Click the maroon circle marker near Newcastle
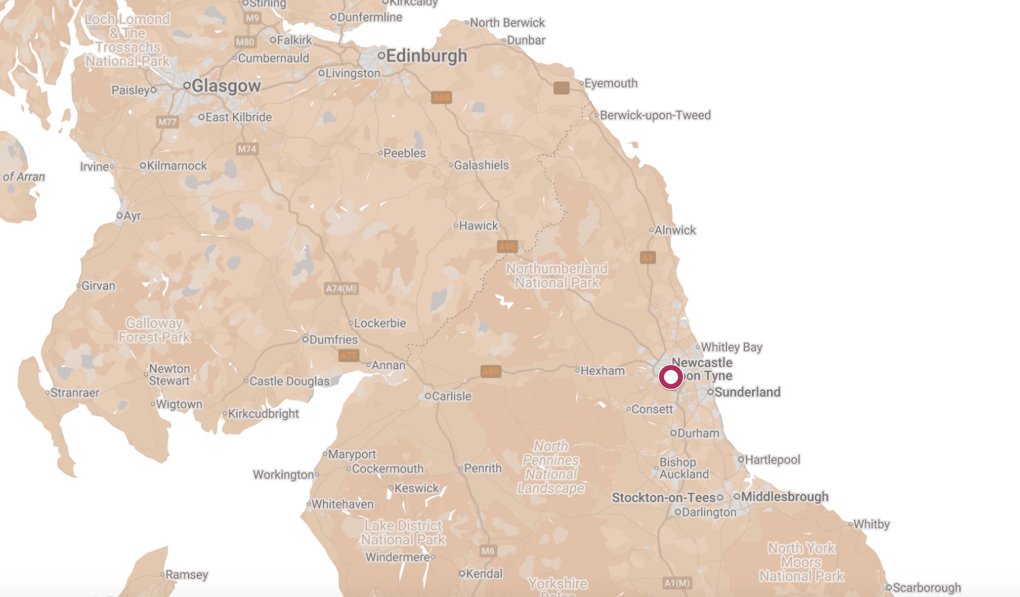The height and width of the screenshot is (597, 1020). pyautogui.click(x=670, y=376)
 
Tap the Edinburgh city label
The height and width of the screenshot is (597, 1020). pyautogui.click(x=426, y=55)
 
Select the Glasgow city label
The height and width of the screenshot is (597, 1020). pyautogui.click(x=225, y=86)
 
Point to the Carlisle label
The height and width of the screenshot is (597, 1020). pyautogui.click(x=451, y=396)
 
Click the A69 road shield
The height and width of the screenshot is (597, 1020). pyautogui.click(x=490, y=371)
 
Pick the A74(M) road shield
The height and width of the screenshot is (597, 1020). pyautogui.click(x=341, y=288)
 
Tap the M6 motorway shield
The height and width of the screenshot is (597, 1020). pyautogui.click(x=487, y=551)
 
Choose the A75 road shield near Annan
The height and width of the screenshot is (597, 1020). pyautogui.click(x=348, y=355)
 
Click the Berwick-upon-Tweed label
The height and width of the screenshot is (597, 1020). pyautogui.click(x=654, y=115)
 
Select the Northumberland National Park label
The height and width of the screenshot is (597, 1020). pyautogui.click(x=557, y=275)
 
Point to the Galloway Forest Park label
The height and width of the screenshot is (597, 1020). pyautogui.click(x=154, y=330)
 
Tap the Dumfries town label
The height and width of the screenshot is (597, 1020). pyautogui.click(x=333, y=339)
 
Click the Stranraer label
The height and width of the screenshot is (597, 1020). pyautogui.click(x=74, y=392)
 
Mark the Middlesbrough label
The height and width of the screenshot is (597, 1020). pyautogui.click(x=784, y=496)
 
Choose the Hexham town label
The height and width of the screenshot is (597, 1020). pyautogui.click(x=602, y=370)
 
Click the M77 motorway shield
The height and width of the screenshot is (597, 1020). pyautogui.click(x=167, y=122)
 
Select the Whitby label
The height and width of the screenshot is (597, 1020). pyautogui.click(x=871, y=524)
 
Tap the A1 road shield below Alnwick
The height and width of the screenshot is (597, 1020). pyautogui.click(x=647, y=257)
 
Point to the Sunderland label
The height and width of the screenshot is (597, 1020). pyautogui.click(x=747, y=392)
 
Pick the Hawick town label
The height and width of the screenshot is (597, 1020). pyautogui.click(x=478, y=225)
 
